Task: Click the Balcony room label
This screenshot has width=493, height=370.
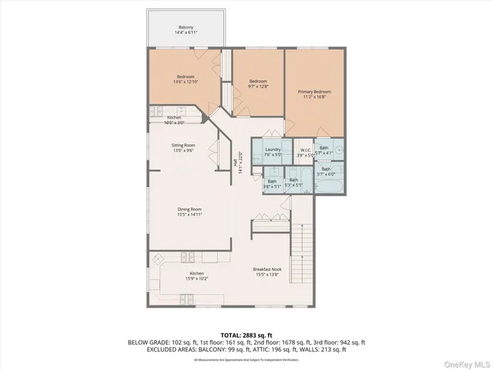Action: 186,27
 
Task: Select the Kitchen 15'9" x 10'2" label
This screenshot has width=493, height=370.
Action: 197,276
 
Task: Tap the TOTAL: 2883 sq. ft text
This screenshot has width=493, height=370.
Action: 246,335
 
